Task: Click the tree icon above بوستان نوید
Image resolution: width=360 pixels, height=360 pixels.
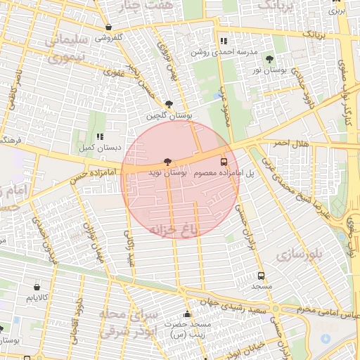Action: click(x=167, y=162)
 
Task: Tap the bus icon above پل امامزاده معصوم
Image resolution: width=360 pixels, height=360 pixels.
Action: click(x=224, y=161)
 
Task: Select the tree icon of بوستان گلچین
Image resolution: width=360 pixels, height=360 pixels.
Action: click(x=168, y=103)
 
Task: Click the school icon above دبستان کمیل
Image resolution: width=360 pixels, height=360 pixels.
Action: click(x=100, y=136)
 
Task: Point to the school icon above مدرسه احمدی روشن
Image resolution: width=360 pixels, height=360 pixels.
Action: click(x=224, y=41)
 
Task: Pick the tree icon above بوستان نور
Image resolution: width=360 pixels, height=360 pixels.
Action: click(x=270, y=59)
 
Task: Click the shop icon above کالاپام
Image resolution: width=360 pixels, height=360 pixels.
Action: click(x=37, y=286)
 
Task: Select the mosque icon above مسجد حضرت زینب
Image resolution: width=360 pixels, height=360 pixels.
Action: click(x=186, y=314)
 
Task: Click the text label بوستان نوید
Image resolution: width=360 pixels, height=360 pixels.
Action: click(x=168, y=172)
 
